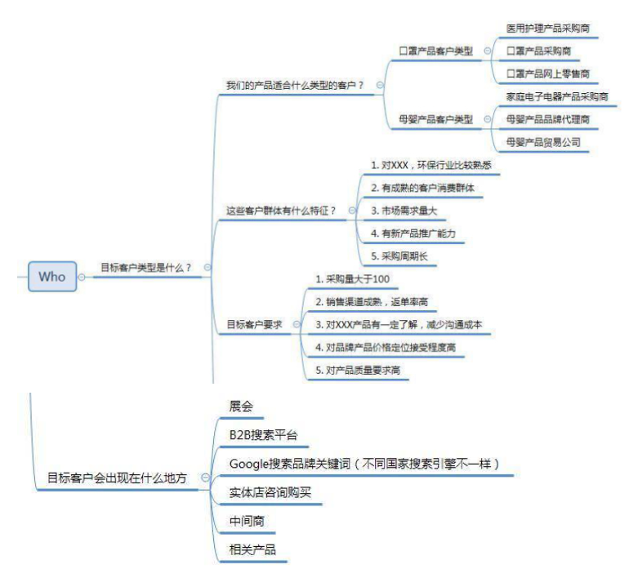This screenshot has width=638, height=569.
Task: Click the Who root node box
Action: pos(51,276)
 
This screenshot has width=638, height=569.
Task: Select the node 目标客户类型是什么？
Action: pos(146,267)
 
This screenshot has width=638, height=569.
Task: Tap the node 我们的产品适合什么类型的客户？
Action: pos(295,85)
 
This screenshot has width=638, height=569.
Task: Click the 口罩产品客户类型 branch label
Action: pos(435,51)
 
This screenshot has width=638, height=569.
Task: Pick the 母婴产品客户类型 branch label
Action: pos(435,119)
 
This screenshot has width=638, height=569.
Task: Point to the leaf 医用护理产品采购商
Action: pos(547,28)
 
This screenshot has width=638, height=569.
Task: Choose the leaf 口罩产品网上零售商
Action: pos(547,73)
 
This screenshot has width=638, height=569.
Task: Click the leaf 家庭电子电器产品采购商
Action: pos(557,96)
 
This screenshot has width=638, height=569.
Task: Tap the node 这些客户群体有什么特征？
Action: pos(281,211)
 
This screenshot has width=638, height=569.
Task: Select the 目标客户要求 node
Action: pos(254,324)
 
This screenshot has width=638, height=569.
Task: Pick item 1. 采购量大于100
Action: pos(353,279)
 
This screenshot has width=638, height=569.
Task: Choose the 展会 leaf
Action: pos(241,406)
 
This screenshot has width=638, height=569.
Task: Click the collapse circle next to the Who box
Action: pos(82,278)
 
